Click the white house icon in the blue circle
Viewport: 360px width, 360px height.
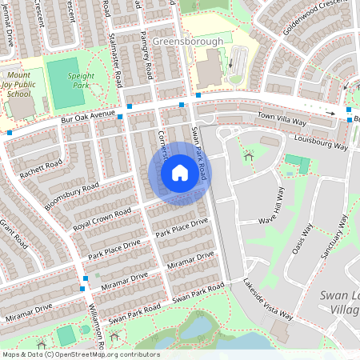pyautogui.click(x=179, y=173)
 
